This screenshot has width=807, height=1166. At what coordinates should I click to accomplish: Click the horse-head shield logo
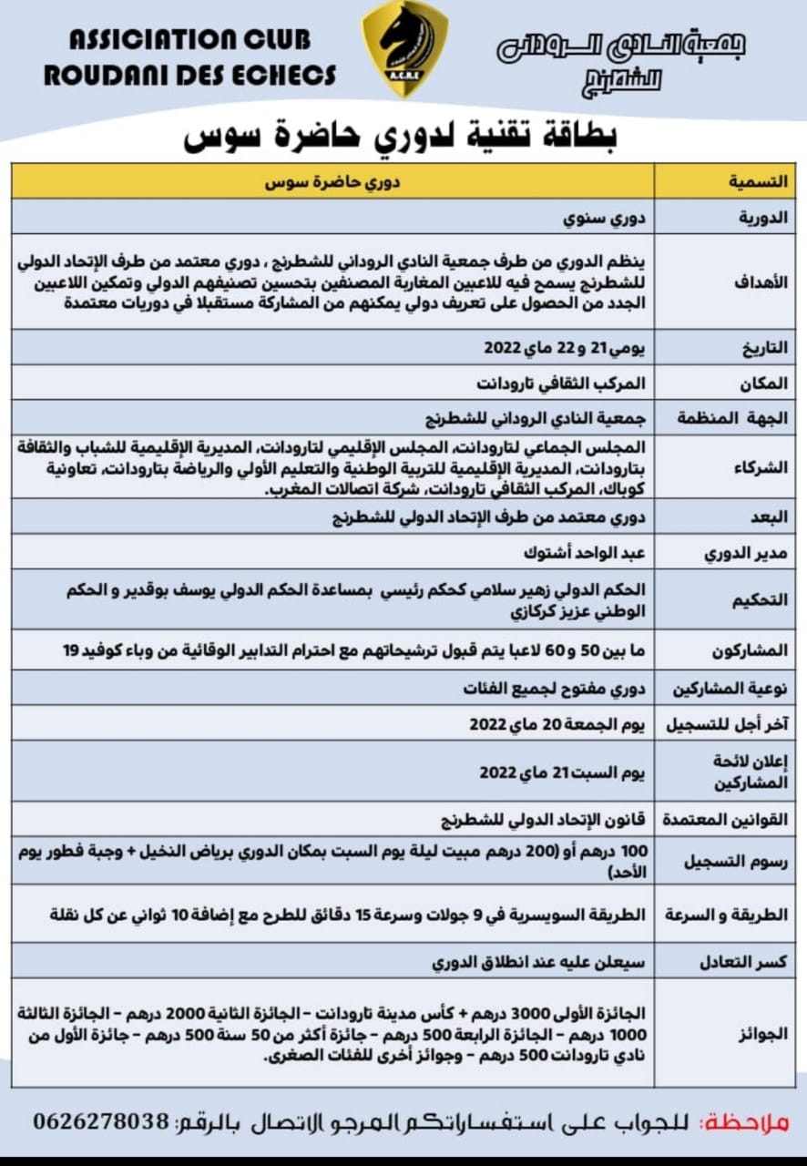(x=404, y=47)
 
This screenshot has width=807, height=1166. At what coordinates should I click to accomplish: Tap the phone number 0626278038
(x=101, y=1121)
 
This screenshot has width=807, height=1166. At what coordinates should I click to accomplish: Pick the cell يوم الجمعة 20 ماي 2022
(x=557, y=723)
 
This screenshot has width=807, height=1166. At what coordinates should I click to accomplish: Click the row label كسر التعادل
(x=745, y=962)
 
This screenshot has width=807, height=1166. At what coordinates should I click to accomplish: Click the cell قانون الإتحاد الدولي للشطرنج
(x=539, y=819)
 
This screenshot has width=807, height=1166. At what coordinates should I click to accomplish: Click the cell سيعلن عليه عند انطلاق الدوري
(x=539, y=962)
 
